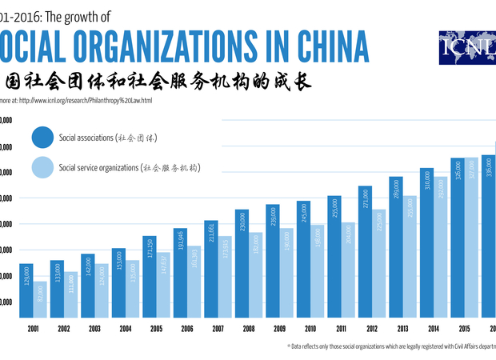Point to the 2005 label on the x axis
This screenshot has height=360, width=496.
(x=157, y=329)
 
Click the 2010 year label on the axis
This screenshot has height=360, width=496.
(x=311, y=329)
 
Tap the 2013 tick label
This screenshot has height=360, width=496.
(x=403, y=329)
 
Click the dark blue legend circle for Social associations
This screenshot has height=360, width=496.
(x=42, y=137)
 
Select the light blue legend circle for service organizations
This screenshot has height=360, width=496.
(x=42, y=168)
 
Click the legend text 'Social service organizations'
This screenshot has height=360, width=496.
(x=98, y=168)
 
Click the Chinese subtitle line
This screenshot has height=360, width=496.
(x=156, y=82)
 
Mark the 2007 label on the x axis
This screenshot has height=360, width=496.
(x=218, y=329)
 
